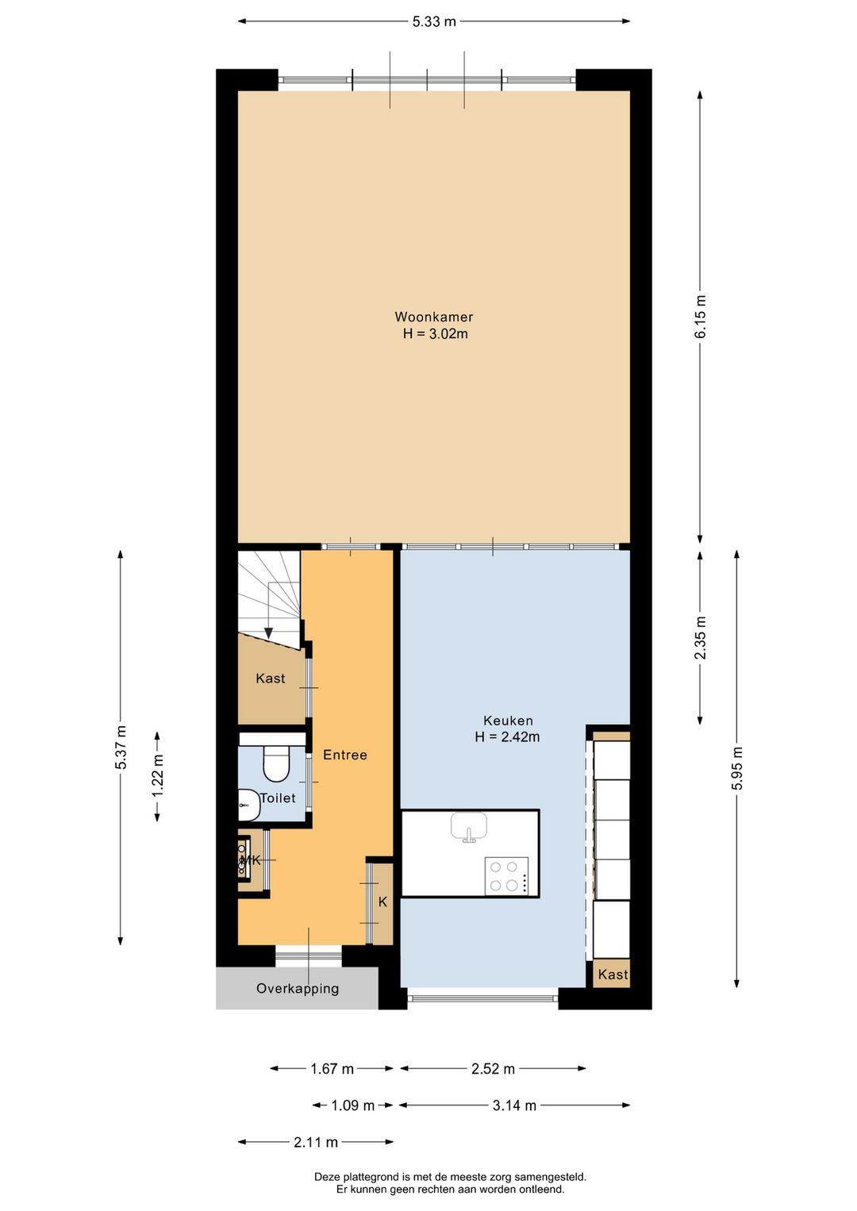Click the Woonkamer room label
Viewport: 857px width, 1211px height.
click(x=433, y=317)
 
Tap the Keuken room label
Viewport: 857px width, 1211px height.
click(x=508, y=721)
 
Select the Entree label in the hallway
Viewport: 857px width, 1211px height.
click(x=345, y=755)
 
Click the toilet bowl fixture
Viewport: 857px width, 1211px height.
click(x=276, y=763)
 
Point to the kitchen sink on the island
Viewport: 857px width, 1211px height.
click(x=469, y=827)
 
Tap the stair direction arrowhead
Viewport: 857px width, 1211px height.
click(x=269, y=632)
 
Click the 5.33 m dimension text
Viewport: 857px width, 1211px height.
click(x=433, y=21)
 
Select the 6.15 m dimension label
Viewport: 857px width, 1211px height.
click(x=700, y=317)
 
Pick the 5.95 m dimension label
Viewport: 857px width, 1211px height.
click(x=737, y=767)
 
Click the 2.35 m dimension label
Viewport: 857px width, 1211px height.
click(x=700, y=638)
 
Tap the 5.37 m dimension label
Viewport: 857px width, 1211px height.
click(x=121, y=747)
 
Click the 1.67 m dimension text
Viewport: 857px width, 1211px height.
click(x=332, y=1069)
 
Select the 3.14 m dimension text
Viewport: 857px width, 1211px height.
click(x=514, y=1105)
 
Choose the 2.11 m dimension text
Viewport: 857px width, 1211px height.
click(x=316, y=1142)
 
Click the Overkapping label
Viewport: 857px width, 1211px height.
click(x=298, y=988)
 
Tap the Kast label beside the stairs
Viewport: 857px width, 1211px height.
click(x=271, y=678)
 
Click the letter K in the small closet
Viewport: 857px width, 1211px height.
click(x=382, y=902)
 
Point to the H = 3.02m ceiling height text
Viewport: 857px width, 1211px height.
click(x=436, y=333)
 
